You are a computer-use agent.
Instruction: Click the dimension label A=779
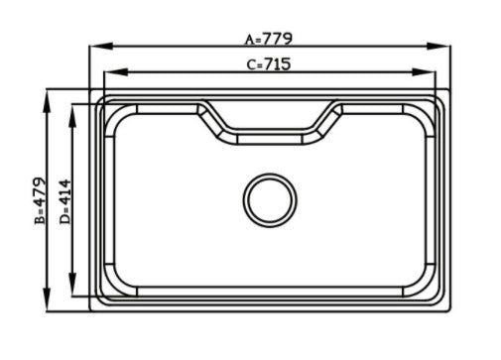[x=269, y=39]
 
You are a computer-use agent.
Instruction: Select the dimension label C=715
[x=269, y=64]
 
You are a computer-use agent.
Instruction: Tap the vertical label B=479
[x=40, y=200]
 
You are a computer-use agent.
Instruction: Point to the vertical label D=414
[x=65, y=201]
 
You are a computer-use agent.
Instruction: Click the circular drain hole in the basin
[x=270, y=200]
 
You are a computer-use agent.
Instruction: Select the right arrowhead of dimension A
[x=438, y=47]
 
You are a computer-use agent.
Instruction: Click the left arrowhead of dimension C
[x=116, y=71]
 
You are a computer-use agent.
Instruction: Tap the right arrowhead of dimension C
[x=424, y=71]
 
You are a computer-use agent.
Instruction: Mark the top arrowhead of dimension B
[x=47, y=101]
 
